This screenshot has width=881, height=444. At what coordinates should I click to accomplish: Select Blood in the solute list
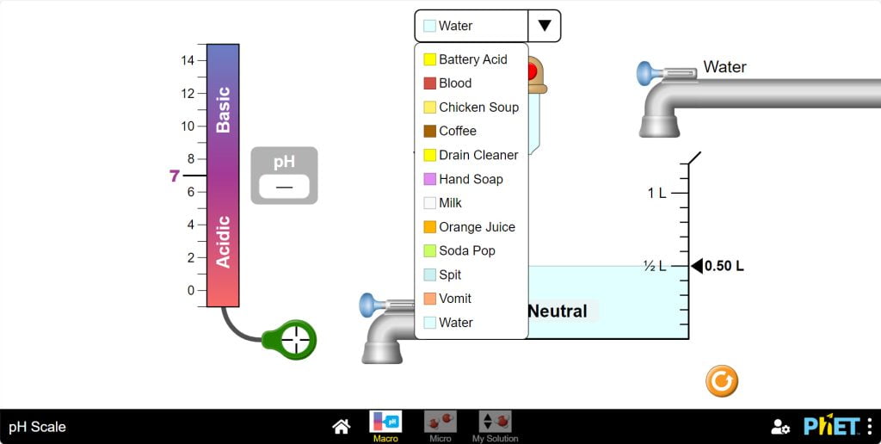tap(447, 83)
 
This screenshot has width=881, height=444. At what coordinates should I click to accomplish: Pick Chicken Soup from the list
tap(471, 107)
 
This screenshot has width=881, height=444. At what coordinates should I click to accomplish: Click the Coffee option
tap(449, 131)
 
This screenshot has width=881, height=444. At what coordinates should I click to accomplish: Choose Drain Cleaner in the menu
tap(471, 155)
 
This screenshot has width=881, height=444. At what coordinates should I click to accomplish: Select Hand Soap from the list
tap(463, 179)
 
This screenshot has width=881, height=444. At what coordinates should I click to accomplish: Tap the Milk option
tap(442, 203)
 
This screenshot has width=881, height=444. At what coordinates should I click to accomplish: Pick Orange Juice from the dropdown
tap(469, 227)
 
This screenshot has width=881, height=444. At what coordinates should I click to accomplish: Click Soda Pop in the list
tap(459, 250)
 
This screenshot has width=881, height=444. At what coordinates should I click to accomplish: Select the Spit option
tap(442, 274)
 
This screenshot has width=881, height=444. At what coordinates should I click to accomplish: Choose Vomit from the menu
tap(447, 299)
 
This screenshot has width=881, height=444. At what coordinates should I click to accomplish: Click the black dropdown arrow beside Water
tap(545, 26)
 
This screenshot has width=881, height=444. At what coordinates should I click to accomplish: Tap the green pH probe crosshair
tap(296, 340)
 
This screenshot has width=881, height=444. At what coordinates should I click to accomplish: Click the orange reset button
tap(722, 381)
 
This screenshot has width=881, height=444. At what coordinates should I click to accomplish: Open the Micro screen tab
tap(440, 426)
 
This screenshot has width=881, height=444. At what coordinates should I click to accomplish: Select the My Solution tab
tap(495, 426)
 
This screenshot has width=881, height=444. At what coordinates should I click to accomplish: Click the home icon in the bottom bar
tap(341, 427)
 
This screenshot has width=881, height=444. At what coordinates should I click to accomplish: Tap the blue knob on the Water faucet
tap(644, 74)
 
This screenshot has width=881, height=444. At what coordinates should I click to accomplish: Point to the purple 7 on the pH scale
tap(174, 176)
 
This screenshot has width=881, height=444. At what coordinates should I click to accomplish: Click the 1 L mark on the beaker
tap(656, 194)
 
